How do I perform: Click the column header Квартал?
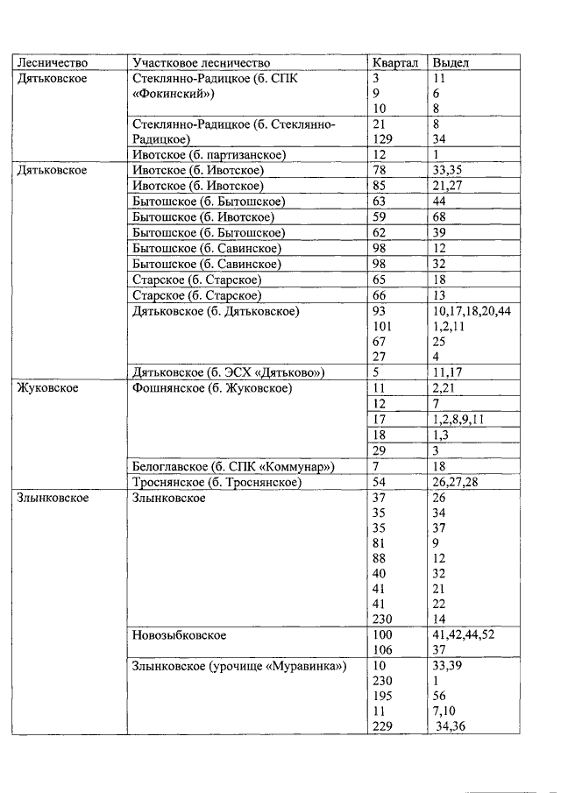[394, 63]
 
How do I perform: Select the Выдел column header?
[451, 63]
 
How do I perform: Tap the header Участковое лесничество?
[201, 63]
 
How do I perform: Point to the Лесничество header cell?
[51, 63]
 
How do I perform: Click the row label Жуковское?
[48, 388]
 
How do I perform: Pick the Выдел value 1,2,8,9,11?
[458, 420]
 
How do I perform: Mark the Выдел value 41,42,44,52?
[463, 634]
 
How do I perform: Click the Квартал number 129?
[383, 139]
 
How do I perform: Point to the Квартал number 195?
[383, 696]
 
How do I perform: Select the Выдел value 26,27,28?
[453, 483]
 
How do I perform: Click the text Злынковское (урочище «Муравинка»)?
[238, 665]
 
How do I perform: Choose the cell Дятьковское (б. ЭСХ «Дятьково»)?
[228, 372]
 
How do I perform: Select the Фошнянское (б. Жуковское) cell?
[211, 388]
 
